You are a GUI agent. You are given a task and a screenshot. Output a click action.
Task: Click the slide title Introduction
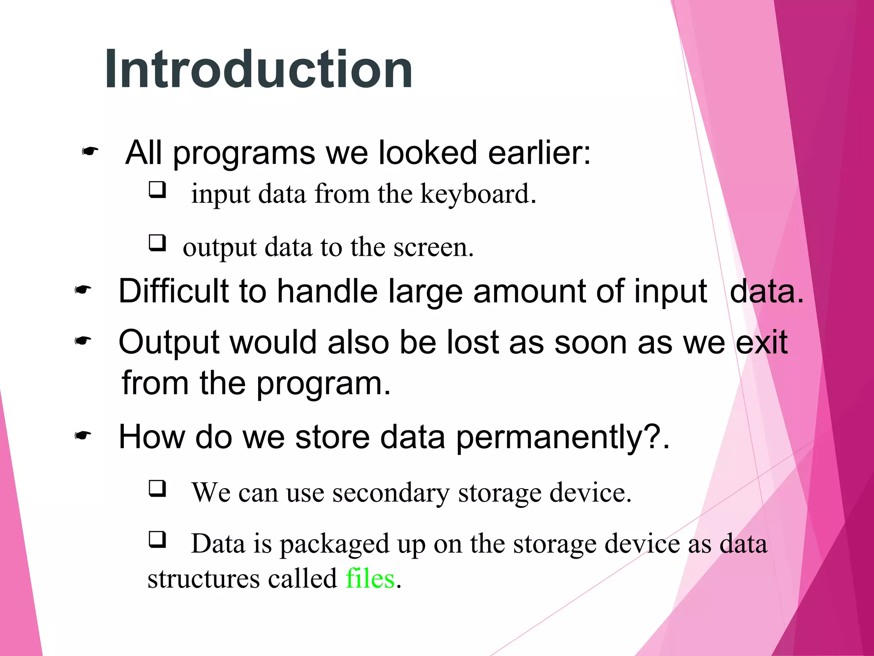[259, 69]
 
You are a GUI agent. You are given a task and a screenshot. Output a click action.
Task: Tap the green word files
[370, 579]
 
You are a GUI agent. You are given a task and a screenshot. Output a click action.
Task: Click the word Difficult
[173, 291]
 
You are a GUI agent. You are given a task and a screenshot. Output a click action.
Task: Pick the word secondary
[391, 493]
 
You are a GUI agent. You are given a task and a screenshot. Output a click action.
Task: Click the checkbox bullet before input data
[157, 189]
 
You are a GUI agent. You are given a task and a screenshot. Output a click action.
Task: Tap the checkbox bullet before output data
[157, 243]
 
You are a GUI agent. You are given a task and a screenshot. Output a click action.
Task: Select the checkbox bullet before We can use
[157, 488]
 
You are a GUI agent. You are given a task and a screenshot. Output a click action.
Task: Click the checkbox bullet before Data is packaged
[157, 539]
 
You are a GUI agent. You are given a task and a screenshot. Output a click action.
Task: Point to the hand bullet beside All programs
[90, 151]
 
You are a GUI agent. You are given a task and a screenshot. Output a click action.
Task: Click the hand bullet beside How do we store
[83, 436]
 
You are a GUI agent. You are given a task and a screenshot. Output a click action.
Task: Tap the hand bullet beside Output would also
[83, 341]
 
